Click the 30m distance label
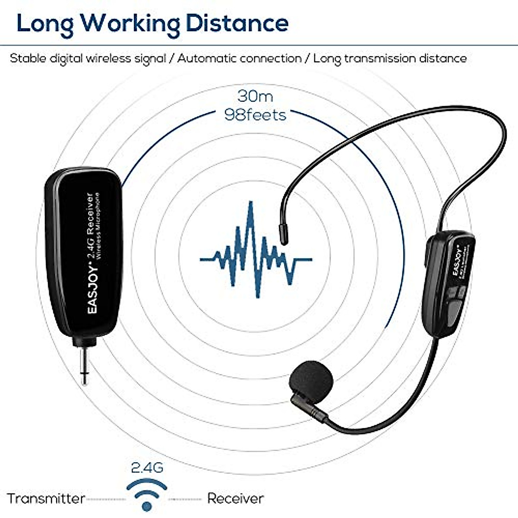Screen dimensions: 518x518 pos(255,96)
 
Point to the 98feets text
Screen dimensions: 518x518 pos(255,115)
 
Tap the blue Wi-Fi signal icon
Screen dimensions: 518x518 pos(147,495)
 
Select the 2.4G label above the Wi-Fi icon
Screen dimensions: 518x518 pos(147,467)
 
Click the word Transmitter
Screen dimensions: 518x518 pos(46,499)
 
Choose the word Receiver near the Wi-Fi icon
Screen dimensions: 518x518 pos(235,499)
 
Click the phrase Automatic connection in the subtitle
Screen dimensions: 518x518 pos(239,58)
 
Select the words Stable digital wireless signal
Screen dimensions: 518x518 pos(88,58)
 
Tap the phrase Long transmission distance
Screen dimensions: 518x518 pos(390,58)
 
